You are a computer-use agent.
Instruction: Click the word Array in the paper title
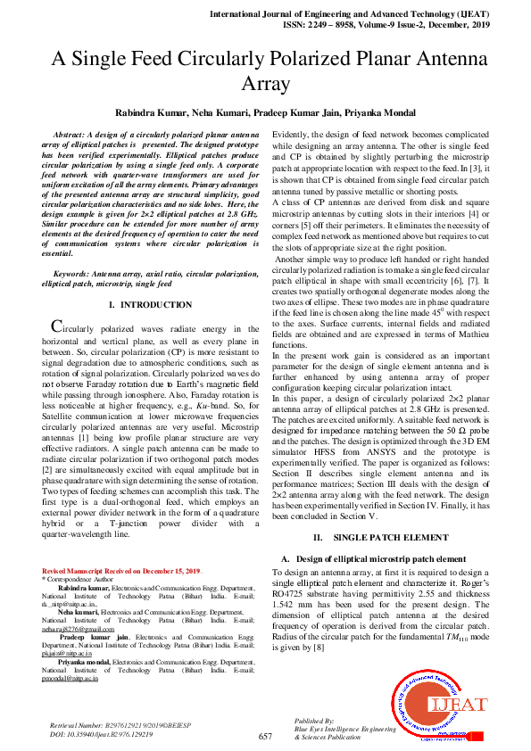tap(265, 86)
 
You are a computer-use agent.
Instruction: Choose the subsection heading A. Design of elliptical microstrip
tap(368, 558)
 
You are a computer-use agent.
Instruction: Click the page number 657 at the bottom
tap(265, 736)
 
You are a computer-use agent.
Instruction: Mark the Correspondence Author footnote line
tap(75, 579)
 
